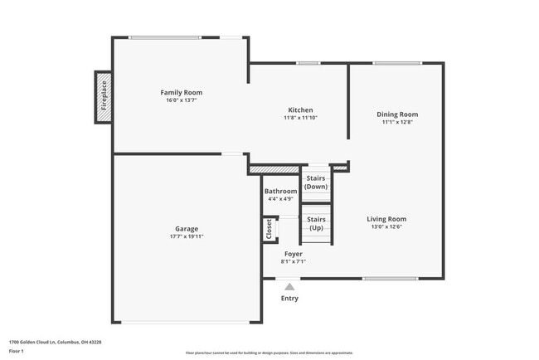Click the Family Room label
(x=181, y=92)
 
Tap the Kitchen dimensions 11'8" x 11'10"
(x=299, y=118)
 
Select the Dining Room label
(x=397, y=114)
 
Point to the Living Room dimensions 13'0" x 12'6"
(x=386, y=227)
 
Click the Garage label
(x=186, y=228)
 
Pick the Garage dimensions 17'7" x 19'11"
(x=186, y=236)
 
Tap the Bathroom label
(x=281, y=191)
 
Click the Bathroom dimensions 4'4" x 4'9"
(x=281, y=199)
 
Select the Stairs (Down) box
(x=316, y=182)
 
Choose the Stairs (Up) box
(x=316, y=223)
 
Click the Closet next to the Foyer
(x=269, y=229)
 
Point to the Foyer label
(x=294, y=253)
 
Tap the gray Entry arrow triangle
(x=289, y=286)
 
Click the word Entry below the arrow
(x=289, y=299)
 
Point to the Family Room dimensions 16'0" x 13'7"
(x=181, y=100)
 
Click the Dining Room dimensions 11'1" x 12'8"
(x=397, y=123)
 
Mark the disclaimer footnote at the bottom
(x=269, y=353)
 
